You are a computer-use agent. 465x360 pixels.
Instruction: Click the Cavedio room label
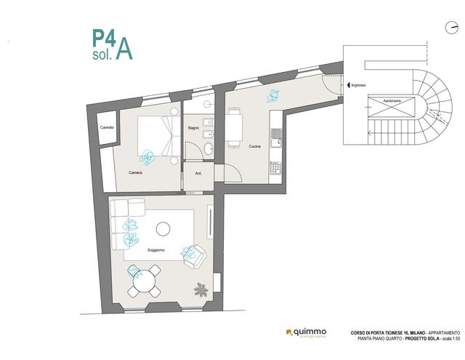coord(107,128)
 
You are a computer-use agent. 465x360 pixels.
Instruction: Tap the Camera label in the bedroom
coord(135,173)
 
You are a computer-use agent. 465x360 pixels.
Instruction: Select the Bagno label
coord(193,128)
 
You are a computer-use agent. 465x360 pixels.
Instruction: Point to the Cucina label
coord(254,146)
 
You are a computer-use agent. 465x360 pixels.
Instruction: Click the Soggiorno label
coord(155,250)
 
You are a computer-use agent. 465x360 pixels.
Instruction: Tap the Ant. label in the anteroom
coord(198,174)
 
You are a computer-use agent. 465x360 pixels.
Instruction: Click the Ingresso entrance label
coord(358,84)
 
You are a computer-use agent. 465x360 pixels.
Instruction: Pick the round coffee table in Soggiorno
coord(163,229)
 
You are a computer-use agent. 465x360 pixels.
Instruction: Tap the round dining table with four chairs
coord(145,281)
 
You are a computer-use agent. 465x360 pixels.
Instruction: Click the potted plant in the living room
coord(201,289)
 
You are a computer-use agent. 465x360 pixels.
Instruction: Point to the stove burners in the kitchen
coord(275,168)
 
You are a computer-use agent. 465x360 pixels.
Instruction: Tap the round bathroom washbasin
coord(209,149)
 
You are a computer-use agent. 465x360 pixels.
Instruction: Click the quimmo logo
coord(310,333)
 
